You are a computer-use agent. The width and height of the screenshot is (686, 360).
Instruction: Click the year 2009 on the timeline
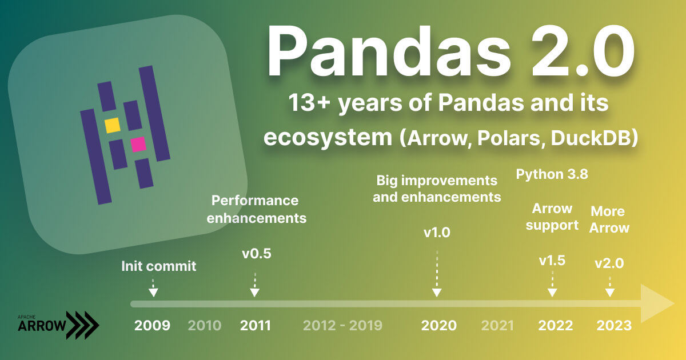click(x=152, y=326)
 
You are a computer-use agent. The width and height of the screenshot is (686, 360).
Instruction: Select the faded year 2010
click(x=204, y=326)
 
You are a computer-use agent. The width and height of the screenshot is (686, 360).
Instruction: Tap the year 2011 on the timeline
click(x=255, y=326)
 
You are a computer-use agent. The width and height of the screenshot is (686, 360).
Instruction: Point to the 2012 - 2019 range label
click(x=342, y=326)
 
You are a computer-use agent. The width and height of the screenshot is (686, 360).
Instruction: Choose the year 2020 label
click(x=438, y=326)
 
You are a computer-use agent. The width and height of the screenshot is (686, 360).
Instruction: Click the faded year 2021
click(x=497, y=326)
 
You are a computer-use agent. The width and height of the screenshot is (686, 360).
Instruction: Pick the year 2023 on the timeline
click(x=614, y=326)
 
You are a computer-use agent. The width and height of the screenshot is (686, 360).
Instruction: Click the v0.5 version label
click(x=256, y=254)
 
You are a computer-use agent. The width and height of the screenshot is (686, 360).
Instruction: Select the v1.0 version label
click(x=437, y=233)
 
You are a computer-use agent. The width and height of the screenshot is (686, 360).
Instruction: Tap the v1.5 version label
click(x=552, y=261)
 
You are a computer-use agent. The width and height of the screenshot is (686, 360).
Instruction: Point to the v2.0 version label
click(x=609, y=263)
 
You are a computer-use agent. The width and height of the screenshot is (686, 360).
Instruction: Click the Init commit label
click(x=158, y=266)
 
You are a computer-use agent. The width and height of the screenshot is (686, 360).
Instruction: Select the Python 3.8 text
click(x=552, y=174)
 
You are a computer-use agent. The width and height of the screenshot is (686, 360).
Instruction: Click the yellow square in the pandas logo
click(x=112, y=125)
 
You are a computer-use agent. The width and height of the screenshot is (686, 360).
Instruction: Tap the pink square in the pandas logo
click(x=138, y=145)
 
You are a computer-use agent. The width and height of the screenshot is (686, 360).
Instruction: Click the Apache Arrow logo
click(x=58, y=325)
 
